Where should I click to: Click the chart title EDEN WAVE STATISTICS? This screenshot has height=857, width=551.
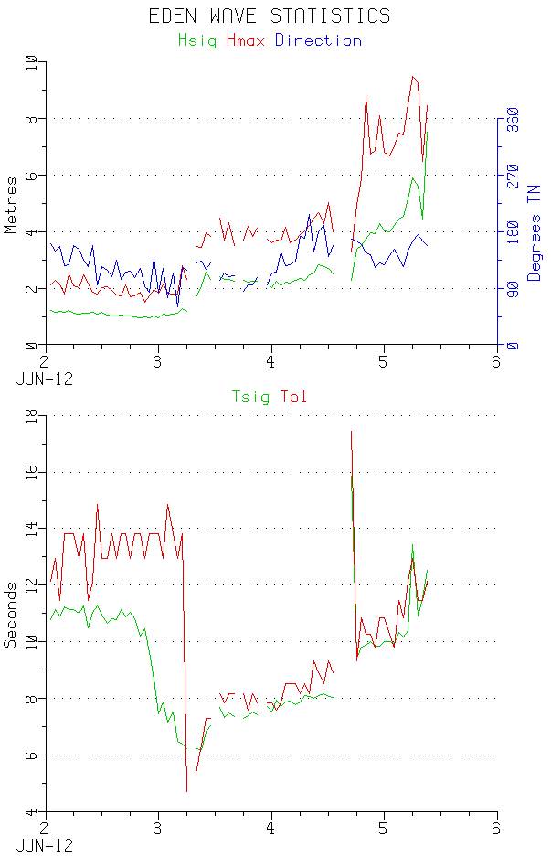pyautogui.click(x=270, y=16)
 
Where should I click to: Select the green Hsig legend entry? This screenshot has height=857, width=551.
pyautogui.click(x=197, y=40)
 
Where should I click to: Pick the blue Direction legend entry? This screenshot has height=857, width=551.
pyautogui.click(x=318, y=40)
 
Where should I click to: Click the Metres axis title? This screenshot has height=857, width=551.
pyautogui.click(x=11, y=204)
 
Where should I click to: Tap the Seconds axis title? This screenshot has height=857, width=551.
pyautogui.click(x=11, y=614)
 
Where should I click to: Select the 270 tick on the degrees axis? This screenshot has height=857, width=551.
pyautogui.click(x=512, y=176)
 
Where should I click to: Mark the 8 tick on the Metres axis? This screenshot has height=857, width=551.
pyautogui.click(x=33, y=119)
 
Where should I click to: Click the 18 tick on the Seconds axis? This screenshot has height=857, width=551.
pyautogui.click(x=30, y=415)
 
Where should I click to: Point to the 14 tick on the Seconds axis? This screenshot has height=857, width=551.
pyautogui.click(x=30, y=529)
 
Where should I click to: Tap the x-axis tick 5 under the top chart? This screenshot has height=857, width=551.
pyautogui.click(x=385, y=361)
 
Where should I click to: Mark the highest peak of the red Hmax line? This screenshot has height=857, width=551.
pyautogui.click(x=413, y=77)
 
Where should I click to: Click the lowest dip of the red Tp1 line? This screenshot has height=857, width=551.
pyautogui.click(x=186, y=791)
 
